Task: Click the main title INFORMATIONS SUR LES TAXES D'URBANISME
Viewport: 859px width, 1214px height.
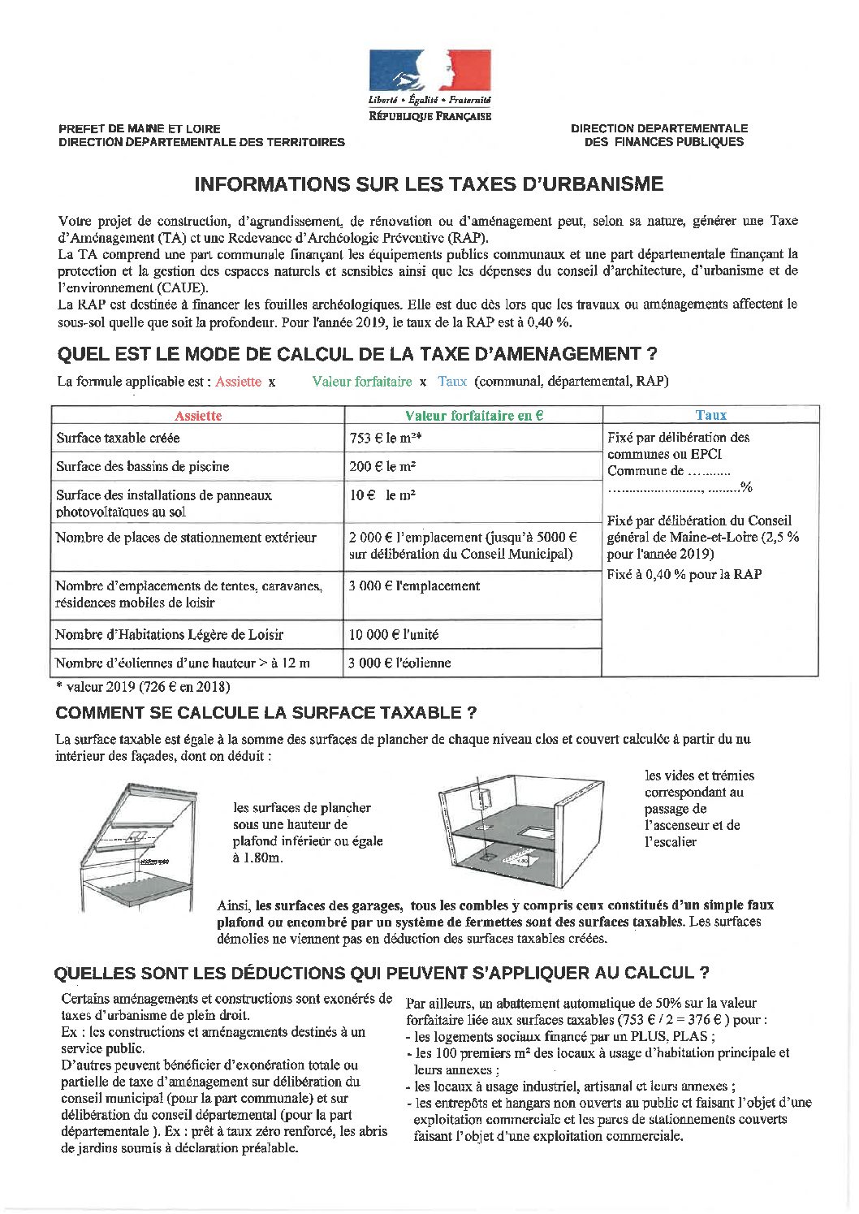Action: (429, 184)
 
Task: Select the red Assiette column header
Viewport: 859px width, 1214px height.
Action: (198, 415)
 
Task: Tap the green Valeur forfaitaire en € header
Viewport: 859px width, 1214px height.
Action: (473, 415)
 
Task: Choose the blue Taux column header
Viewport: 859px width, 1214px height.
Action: (710, 415)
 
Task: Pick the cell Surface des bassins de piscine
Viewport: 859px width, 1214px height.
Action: (143, 467)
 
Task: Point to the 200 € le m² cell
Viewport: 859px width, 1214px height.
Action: (382, 467)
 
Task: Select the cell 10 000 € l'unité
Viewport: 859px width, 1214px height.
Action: (394, 635)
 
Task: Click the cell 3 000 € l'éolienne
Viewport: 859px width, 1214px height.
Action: (399, 663)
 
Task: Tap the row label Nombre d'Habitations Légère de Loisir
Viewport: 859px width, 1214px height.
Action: (169, 635)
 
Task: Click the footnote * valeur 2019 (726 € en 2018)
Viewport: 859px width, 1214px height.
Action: (143, 687)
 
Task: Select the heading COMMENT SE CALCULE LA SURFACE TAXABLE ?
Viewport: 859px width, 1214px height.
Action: (265, 713)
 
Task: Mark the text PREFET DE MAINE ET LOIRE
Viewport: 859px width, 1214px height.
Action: (140, 128)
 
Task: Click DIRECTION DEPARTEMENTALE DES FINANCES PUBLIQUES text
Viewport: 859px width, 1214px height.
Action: (659, 135)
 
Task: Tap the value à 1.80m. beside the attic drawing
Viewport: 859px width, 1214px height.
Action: (258, 858)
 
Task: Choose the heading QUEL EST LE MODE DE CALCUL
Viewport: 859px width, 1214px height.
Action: (356, 354)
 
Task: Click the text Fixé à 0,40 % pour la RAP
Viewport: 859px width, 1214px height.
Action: (684, 574)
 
